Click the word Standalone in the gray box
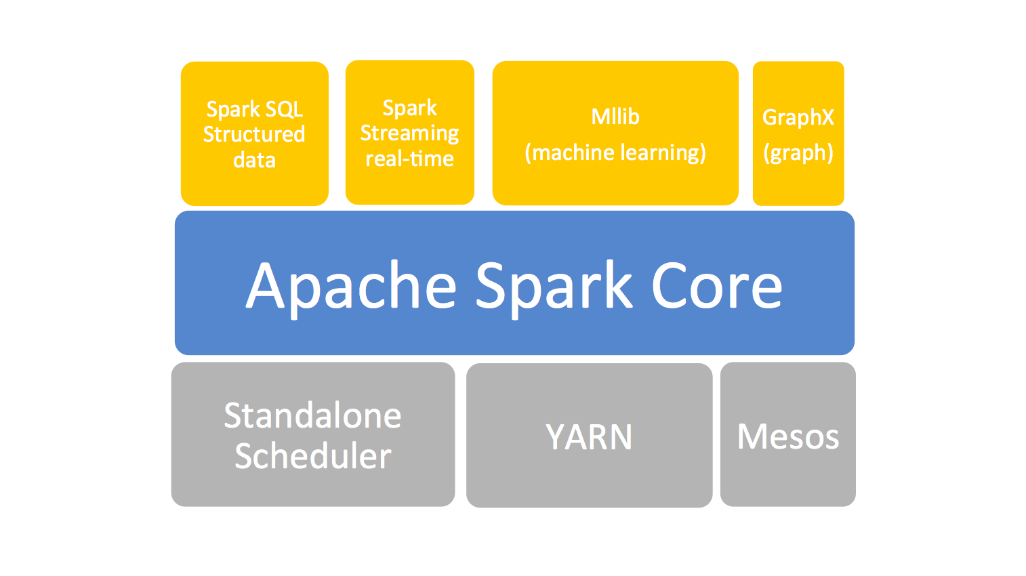(x=312, y=415)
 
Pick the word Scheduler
(x=312, y=456)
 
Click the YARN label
(x=589, y=437)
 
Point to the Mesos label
(x=787, y=436)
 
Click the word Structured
(x=254, y=134)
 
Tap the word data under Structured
(x=254, y=160)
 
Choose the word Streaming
(x=409, y=133)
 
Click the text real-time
(x=409, y=159)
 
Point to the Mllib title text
(x=615, y=117)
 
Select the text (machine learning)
(x=615, y=152)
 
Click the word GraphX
(x=798, y=117)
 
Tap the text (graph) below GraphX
(x=798, y=152)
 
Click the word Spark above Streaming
(x=409, y=108)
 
